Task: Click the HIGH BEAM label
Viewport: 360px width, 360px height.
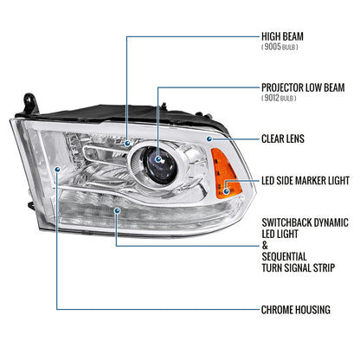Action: (x=287, y=38)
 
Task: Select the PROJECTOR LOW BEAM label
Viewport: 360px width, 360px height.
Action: (x=308, y=87)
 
